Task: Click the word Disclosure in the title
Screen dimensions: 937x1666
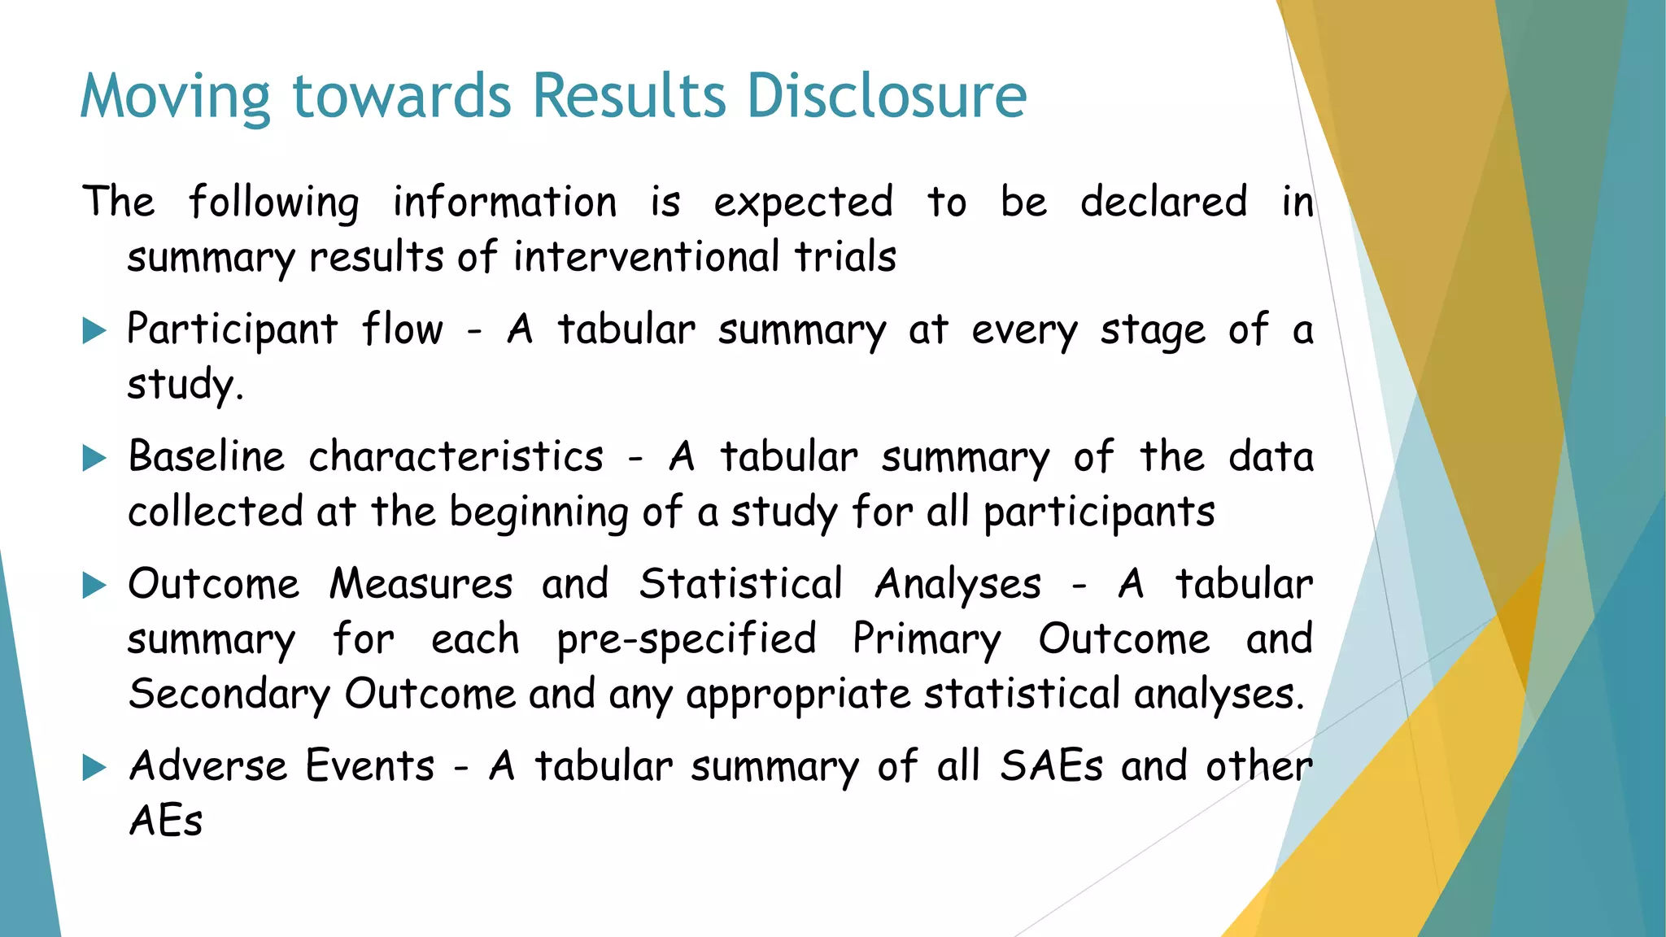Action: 887,96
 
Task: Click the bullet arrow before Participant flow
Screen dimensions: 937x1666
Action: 95,331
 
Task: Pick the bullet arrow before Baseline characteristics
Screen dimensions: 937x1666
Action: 95,459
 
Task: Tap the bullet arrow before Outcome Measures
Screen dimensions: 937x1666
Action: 95,586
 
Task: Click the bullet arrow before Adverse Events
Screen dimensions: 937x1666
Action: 95,768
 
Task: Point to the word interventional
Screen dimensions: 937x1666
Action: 646,257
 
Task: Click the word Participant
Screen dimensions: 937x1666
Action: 232,330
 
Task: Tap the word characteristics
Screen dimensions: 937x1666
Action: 456,457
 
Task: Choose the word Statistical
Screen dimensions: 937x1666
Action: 740,584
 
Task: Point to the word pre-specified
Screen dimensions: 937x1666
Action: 687,639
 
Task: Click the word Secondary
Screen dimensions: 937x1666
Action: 229,695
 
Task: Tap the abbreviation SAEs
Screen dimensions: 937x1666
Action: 1051,766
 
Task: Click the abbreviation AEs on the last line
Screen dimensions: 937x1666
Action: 166,821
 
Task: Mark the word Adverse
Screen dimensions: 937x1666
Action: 208,766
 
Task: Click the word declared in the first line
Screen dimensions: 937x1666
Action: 1163,202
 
